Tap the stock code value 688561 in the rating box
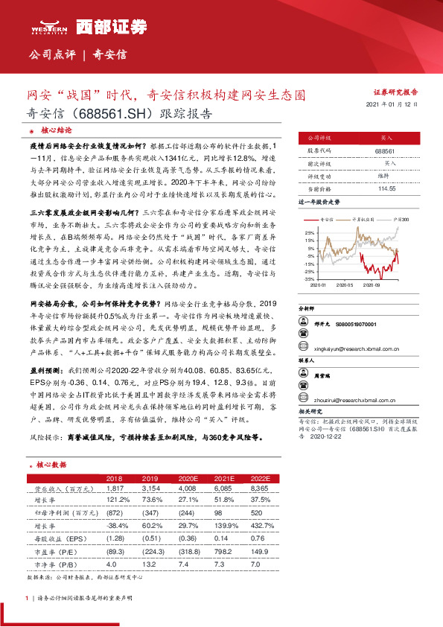click(385, 150)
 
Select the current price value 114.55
click(385, 189)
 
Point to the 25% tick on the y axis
click(313, 232)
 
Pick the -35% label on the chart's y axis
click(312, 279)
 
